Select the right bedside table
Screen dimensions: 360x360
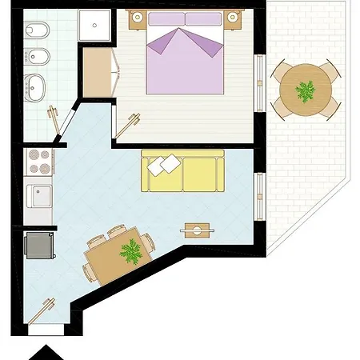(234, 18)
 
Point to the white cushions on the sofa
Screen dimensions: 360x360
(165, 166)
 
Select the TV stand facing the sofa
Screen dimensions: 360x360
(198, 230)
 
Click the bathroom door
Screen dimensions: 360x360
(56, 118)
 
